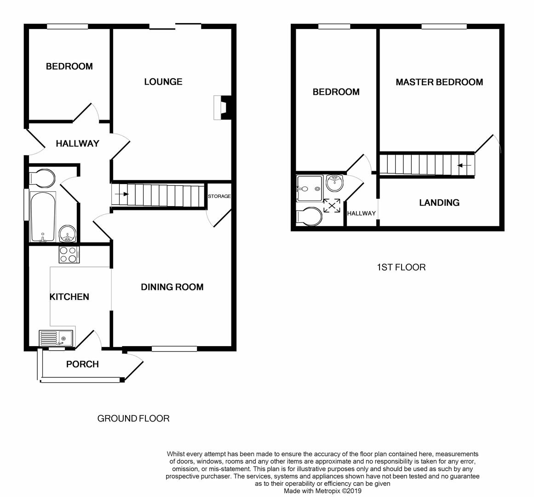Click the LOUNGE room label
click(163, 81)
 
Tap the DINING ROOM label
click(173, 287)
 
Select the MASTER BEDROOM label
click(439, 82)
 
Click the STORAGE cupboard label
click(219, 196)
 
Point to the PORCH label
click(82, 364)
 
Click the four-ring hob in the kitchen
click(69, 254)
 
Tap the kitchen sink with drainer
click(56, 338)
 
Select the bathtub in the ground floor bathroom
click(43, 217)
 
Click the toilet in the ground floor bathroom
click(42, 178)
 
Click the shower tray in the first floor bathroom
click(310, 189)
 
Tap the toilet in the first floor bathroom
click(309, 216)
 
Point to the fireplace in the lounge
click(222, 108)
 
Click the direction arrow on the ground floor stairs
click(122, 194)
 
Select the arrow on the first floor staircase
click(464, 166)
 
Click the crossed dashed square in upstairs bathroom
click(332, 206)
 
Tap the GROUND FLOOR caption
click(133, 418)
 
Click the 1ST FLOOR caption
click(401, 267)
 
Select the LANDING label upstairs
click(439, 203)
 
